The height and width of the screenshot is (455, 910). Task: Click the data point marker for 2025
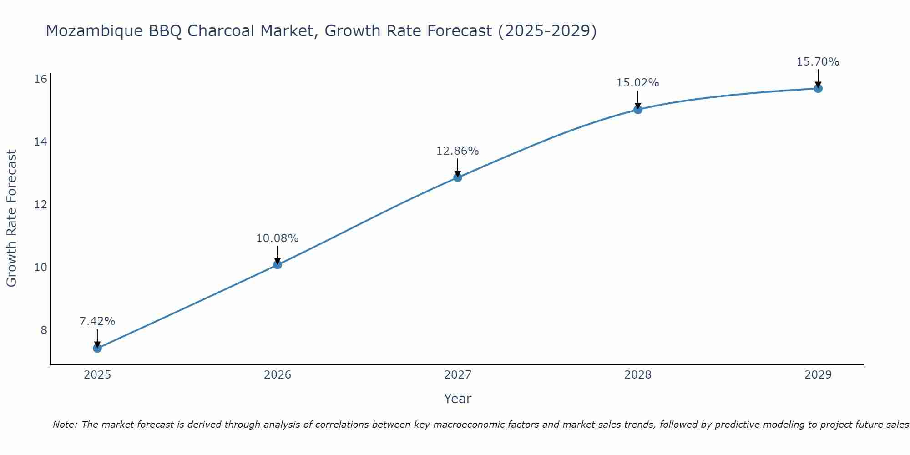point(97,349)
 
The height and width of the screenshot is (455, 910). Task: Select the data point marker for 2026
point(278,265)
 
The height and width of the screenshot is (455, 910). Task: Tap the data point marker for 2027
point(458,177)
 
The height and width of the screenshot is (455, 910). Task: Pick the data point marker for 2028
point(638,110)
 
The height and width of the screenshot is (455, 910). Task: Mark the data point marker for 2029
point(818,88)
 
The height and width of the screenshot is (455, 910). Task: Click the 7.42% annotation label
point(97,321)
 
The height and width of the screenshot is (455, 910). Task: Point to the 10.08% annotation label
point(278,238)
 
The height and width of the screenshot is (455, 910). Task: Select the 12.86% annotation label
point(458,151)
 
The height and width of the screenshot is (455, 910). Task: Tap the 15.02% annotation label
point(638,83)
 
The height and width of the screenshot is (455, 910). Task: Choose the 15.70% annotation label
point(818,62)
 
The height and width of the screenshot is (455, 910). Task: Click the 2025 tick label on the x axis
point(97,375)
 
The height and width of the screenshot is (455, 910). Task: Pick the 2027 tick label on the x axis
point(458,375)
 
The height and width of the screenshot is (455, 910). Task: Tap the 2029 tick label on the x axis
point(818,375)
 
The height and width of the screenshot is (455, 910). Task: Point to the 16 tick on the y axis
point(41,79)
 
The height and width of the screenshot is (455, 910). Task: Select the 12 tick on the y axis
point(41,205)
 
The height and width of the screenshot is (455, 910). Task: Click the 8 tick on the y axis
point(44,330)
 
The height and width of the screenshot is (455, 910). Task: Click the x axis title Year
point(458,399)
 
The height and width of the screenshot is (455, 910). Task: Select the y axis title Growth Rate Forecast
point(12,218)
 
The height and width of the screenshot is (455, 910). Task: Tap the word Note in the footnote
point(65,425)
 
